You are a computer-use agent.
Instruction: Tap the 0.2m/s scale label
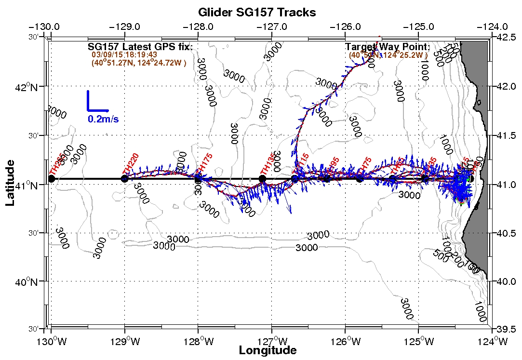[x=103, y=119]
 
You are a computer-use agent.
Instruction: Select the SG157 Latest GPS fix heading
[x=140, y=47]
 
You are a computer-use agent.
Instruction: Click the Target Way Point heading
[x=388, y=47]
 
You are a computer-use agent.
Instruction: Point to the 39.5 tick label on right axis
[x=505, y=330]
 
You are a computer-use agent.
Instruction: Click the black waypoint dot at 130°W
[x=52, y=179]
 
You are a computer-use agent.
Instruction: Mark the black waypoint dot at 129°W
[x=125, y=179]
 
